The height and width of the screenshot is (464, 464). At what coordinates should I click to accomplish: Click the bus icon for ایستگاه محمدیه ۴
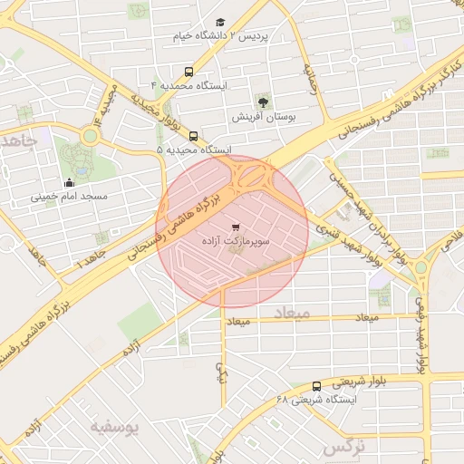coord(188,71)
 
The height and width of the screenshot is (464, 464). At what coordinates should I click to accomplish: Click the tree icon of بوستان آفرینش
coord(264,101)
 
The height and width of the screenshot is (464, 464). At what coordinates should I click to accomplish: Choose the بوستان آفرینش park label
coord(263,117)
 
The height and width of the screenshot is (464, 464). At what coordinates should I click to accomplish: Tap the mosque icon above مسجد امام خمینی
coord(69,181)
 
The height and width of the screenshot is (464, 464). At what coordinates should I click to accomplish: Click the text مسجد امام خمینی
coord(69,196)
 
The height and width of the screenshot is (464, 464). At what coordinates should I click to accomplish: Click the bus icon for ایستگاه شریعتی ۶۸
coord(316,385)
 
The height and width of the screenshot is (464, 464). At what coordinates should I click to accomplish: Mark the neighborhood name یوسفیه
coord(113,427)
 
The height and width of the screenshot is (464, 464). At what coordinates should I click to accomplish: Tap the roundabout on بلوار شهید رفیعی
coord(420,268)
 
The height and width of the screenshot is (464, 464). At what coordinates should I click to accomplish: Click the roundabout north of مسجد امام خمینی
coord(90,136)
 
